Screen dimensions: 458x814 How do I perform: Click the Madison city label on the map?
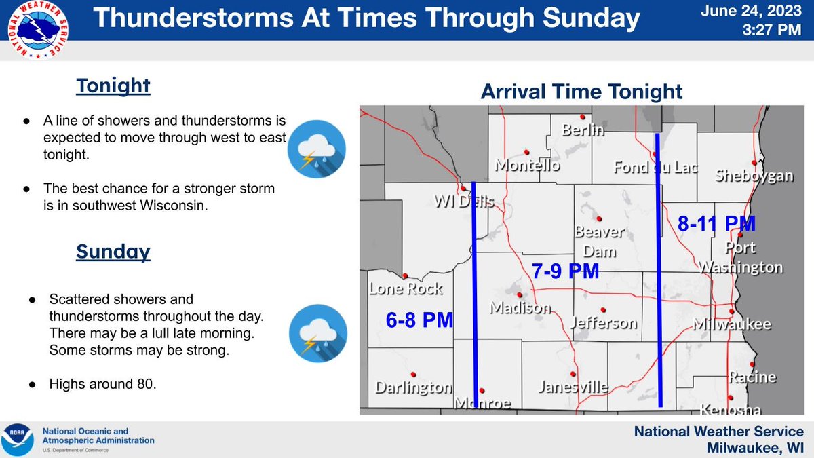coord(520,307)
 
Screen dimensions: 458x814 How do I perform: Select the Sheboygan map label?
coord(754,176)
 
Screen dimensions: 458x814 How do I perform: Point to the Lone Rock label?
coord(405,288)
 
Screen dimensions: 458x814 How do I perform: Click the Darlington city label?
coord(414,387)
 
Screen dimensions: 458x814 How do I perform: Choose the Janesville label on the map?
coord(573,387)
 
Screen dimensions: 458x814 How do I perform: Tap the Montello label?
coord(527,165)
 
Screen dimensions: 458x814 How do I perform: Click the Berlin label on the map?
coord(583,130)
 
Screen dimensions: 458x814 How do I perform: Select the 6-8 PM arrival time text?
coord(419,320)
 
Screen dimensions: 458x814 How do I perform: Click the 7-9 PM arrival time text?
coord(565,271)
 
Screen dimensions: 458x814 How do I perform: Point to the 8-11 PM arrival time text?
coord(716,223)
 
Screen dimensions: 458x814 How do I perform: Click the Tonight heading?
coord(113,86)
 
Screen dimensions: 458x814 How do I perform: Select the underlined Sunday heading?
coord(113,251)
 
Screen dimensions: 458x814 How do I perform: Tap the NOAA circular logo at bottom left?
coord(19,439)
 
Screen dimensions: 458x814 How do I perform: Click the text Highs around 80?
coord(102,385)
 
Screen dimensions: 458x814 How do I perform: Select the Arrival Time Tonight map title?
coord(581,92)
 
